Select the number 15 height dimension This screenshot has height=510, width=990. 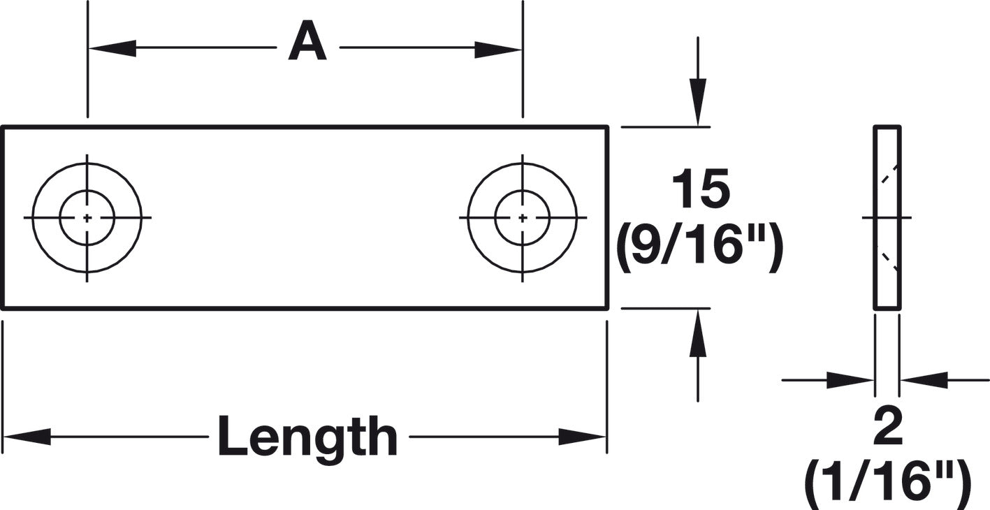(x=701, y=189)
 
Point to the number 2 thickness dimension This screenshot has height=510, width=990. (x=888, y=427)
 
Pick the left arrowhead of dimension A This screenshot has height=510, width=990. (x=112, y=48)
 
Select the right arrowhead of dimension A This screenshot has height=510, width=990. (x=498, y=50)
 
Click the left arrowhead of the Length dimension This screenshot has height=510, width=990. (x=27, y=437)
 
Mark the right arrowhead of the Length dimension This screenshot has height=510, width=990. (x=582, y=437)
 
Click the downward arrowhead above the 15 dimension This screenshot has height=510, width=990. (x=698, y=102)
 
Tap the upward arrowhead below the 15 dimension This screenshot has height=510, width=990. (x=698, y=333)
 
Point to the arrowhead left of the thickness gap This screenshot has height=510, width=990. (x=850, y=380)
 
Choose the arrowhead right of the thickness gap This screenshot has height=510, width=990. (x=924, y=380)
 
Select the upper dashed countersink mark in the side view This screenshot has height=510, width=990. (x=889, y=173)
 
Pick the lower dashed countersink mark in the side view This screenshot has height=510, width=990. (x=889, y=261)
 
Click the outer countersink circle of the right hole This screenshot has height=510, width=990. (x=468, y=218)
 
